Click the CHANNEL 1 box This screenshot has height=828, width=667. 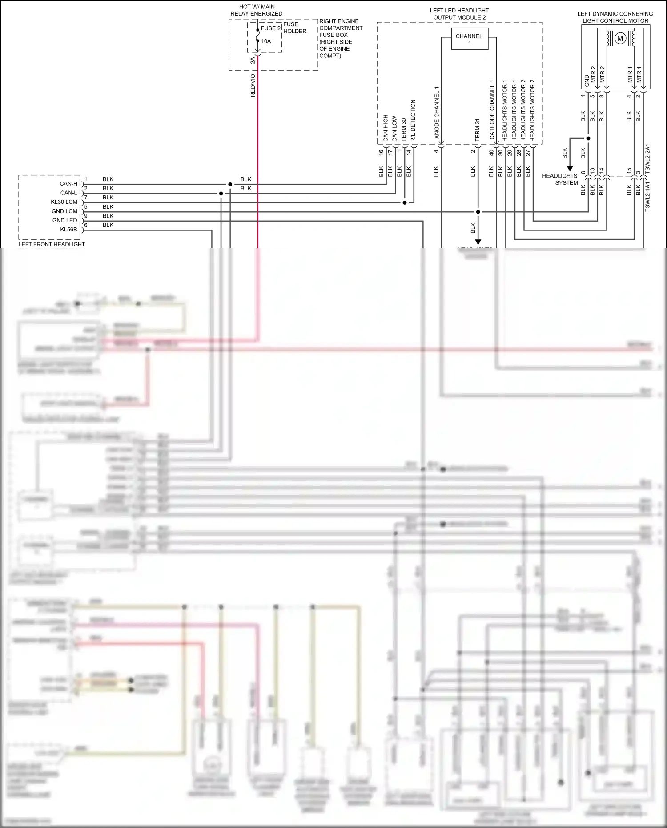[469, 40]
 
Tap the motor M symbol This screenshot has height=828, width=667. [620, 39]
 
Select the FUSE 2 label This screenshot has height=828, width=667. [271, 28]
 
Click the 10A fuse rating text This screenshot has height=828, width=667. [266, 41]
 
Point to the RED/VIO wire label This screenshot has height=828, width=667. [253, 85]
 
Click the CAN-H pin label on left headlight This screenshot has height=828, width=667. [68, 184]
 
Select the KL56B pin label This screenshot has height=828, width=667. [68, 230]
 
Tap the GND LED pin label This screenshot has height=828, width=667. [64, 220]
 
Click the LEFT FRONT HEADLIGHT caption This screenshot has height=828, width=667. [52, 244]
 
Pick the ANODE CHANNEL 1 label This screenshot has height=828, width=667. [437, 112]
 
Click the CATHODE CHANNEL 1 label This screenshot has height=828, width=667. [492, 109]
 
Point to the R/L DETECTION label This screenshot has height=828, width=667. [413, 120]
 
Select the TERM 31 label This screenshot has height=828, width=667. [477, 130]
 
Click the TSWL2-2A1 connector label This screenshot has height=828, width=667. [647, 158]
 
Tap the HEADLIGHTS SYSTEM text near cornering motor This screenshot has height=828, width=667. [559, 179]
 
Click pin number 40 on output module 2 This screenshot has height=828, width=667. [491, 152]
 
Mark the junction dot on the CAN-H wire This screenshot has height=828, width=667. [230, 184]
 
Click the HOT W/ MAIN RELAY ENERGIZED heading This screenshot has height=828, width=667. [257, 10]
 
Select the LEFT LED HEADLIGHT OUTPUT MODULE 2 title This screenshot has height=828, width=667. [459, 14]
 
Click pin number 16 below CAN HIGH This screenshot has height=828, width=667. [381, 152]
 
